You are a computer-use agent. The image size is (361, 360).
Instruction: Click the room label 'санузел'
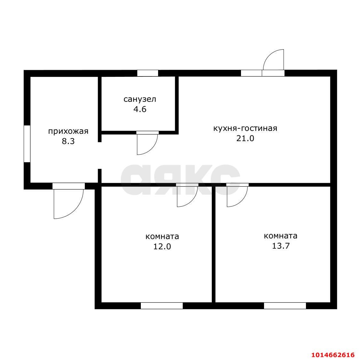click(x=140, y=99)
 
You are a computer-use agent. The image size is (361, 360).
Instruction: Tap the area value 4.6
click(x=140, y=109)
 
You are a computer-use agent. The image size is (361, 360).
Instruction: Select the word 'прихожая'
click(x=68, y=132)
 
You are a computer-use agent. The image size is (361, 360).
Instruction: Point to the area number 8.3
click(x=68, y=141)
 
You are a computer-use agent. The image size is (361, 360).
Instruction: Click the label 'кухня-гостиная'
click(x=245, y=128)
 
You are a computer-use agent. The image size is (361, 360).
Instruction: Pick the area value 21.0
click(x=245, y=138)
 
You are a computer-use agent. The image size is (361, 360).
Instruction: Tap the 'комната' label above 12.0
click(x=162, y=236)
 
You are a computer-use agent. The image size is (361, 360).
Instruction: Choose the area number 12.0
click(x=162, y=246)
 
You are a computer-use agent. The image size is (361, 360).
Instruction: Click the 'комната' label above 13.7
click(x=280, y=236)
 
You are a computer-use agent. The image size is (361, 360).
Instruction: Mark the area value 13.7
click(x=281, y=246)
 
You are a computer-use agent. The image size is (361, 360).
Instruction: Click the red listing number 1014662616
click(x=333, y=355)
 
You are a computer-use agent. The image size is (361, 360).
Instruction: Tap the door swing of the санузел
click(x=147, y=143)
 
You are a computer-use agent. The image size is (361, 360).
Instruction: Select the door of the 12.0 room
click(x=187, y=195)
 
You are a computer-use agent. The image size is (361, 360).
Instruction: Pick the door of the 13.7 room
click(x=237, y=195)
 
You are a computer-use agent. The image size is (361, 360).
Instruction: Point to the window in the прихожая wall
click(x=27, y=144)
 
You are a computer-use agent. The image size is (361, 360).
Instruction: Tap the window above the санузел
click(x=148, y=73)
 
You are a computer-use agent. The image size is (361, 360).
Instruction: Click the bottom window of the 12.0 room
click(x=162, y=306)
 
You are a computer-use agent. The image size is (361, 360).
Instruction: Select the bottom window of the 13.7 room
click(x=285, y=306)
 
